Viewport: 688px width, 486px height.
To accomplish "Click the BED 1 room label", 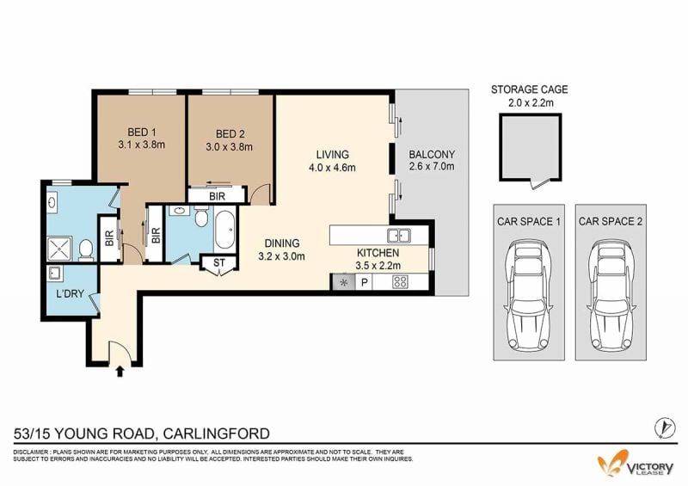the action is tap(142, 132).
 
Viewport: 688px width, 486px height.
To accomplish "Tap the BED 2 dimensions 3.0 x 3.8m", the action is tap(229, 147).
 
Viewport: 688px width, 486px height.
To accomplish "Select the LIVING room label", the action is tap(333, 155).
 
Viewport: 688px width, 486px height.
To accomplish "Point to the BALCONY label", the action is tap(432, 155).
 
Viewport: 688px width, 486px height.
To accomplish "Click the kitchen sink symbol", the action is tap(399, 236).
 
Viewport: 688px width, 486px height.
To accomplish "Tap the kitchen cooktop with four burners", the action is tap(400, 282).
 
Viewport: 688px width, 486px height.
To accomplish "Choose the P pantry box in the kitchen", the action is tap(364, 282).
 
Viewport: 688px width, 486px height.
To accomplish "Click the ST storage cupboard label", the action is tap(219, 263).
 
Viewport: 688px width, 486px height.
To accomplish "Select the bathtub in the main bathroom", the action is tap(225, 229).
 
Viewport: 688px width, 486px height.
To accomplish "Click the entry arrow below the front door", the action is tap(120, 372).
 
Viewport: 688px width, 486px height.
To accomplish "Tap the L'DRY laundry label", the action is tap(71, 293).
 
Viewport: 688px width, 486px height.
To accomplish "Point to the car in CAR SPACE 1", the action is tap(529, 294).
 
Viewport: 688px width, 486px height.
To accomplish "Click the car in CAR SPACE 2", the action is tap(611, 294).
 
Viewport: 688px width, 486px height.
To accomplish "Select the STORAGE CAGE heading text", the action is tap(529, 89).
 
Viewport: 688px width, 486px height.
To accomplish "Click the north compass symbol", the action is tap(664, 428).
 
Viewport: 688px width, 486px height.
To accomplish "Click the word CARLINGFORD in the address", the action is tap(217, 434).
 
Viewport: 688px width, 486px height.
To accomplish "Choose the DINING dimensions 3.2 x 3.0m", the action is tap(282, 256).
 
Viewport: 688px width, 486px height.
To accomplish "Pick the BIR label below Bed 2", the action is tap(218, 196).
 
